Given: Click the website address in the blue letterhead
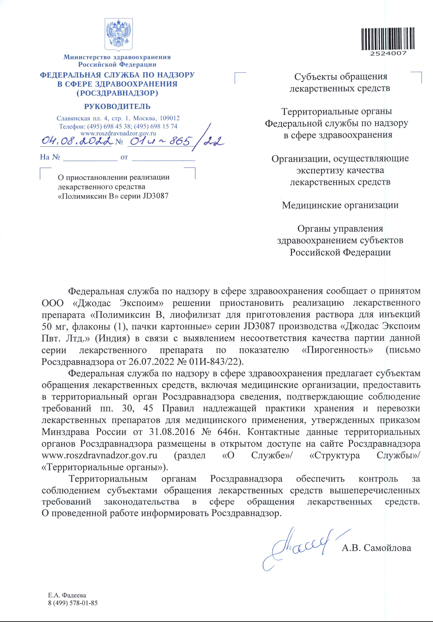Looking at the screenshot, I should tap(118, 133).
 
